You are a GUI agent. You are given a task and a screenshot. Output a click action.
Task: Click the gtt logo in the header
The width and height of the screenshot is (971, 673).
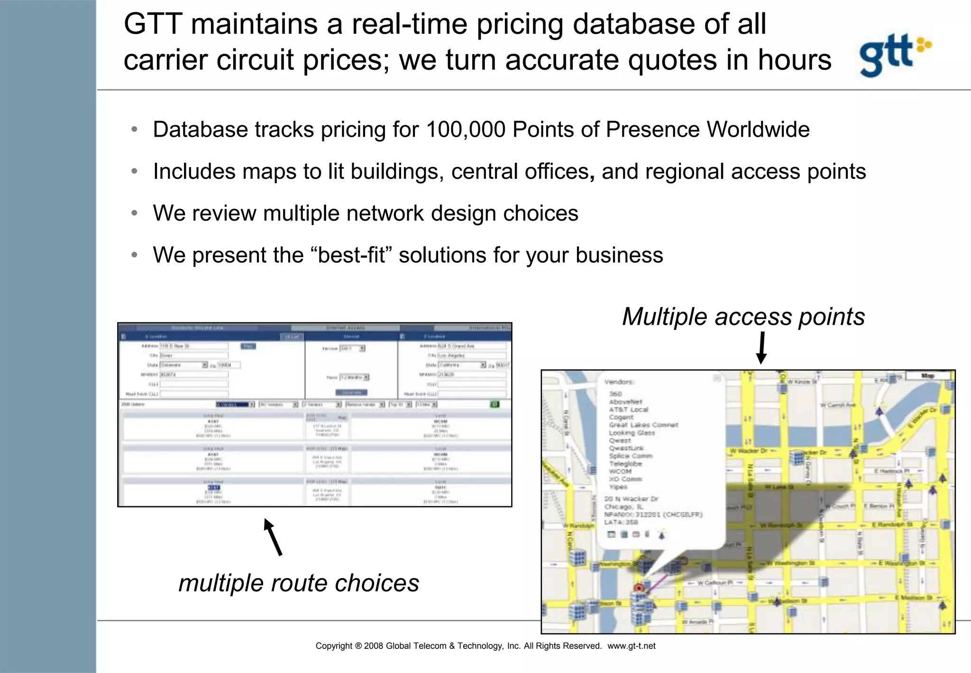point(894,55)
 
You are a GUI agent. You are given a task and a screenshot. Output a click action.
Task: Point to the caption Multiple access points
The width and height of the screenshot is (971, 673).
point(743,317)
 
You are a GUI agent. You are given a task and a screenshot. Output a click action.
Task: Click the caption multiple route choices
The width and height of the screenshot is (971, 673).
point(299,583)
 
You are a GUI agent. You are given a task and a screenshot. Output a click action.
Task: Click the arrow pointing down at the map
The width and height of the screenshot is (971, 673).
point(761,348)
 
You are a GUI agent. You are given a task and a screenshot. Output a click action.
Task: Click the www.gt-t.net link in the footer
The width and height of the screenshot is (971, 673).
point(631,646)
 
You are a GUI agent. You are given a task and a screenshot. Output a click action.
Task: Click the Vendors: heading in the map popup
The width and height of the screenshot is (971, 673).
point(619,382)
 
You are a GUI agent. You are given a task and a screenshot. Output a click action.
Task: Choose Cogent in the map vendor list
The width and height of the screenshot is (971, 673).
point(621,417)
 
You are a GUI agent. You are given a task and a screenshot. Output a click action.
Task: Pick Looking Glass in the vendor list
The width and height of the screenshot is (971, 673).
point(632,433)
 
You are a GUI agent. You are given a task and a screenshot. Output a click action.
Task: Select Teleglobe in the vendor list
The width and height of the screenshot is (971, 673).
point(625,464)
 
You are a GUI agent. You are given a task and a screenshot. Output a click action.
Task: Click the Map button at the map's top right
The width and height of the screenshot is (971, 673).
point(927,376)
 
